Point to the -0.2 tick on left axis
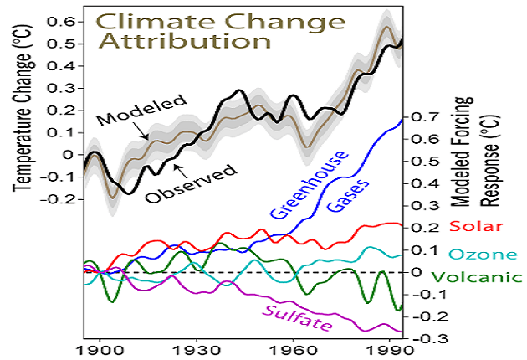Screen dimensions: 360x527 (x=61, y=200)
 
